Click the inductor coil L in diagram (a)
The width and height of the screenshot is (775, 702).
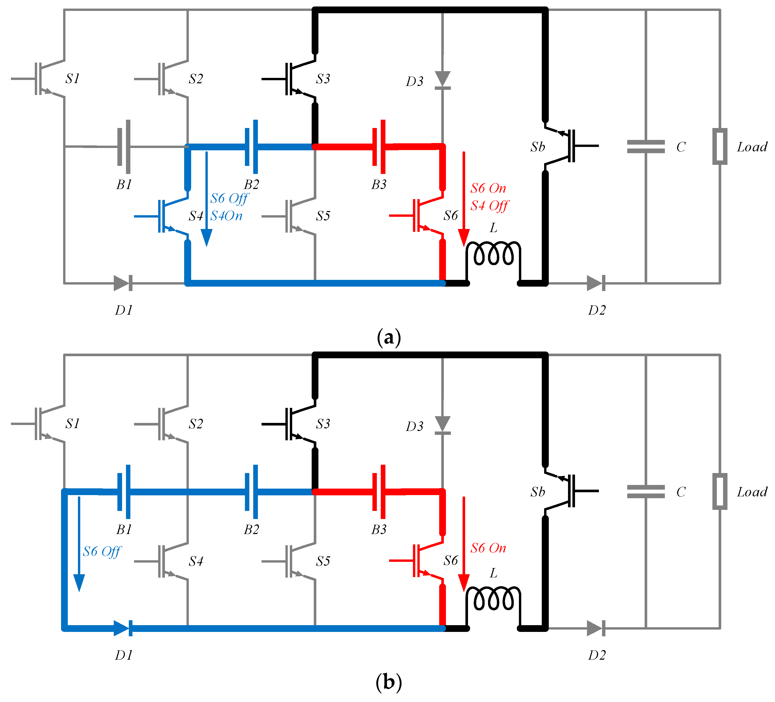point(493,255)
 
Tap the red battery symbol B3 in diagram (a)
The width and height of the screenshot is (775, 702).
point(379,147)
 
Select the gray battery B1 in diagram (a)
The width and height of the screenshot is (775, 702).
point(124,147)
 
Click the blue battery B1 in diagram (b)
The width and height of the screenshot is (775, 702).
point(124,492)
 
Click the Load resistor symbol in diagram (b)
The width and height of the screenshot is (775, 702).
point(720,492)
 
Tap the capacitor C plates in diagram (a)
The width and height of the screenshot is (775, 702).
point(646,147)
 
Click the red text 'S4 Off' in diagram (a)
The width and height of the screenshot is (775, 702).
point(489,206)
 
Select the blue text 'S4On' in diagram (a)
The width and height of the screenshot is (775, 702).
point(226,216)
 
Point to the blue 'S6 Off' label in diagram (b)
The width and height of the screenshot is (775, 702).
point(102,552)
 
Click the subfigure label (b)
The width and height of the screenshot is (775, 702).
point(389,683)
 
